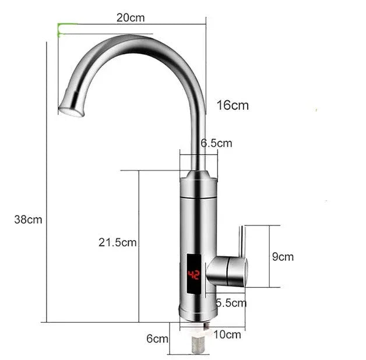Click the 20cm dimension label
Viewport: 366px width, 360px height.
(x=130, y=17)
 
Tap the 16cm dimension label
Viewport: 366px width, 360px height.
(x=233, y=105)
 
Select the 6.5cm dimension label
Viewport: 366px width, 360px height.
(x=217, y=143)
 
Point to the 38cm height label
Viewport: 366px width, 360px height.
(x=28, y=220)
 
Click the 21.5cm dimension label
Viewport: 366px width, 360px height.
(x=117, y=242)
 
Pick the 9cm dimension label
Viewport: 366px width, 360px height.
(x=283, y=256)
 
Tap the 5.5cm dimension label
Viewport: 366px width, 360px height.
(x=231, y=303)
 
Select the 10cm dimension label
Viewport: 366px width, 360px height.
(x=227, y=334)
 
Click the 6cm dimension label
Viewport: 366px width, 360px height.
(x=157, y=338)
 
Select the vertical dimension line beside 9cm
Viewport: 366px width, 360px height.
(x=269, y=256)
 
